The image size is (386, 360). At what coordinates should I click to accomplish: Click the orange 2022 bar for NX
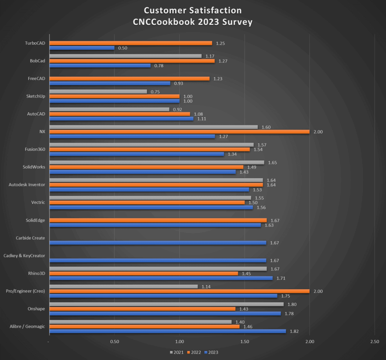pos(179,132)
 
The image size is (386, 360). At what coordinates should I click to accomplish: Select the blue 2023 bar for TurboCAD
pos(82,48)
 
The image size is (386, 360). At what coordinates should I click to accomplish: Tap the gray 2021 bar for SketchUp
pos(98,92)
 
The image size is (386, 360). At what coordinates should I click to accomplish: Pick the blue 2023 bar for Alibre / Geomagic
pos(168,331)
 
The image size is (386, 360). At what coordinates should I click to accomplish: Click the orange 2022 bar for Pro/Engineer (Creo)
pos(179,291)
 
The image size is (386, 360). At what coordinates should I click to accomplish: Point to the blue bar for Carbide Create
pos(158,243)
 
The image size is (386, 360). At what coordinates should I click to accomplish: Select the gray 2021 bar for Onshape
pos(166,304)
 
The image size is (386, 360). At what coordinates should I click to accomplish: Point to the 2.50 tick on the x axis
pos(374,342)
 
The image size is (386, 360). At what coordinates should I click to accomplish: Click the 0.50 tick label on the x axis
pos(115,342)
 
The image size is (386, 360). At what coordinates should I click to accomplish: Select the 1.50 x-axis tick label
pos(245,342)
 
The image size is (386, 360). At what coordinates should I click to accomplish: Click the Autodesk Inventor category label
pos(27,185)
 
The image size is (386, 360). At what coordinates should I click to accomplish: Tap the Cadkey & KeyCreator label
pos(24,256)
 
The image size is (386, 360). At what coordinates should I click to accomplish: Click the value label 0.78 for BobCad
pos(158,66)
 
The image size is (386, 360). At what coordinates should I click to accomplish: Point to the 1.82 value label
pos(294,331)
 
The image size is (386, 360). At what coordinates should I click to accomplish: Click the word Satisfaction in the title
pos(213,10)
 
